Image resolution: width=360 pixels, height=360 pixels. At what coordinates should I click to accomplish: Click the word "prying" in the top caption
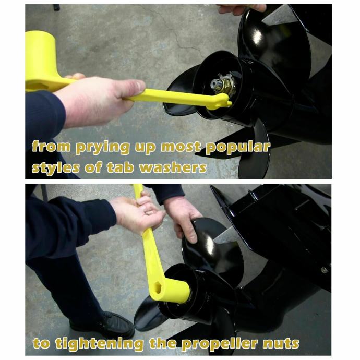[102, 148]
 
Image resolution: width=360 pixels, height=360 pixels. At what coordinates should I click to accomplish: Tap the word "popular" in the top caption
[238, 148]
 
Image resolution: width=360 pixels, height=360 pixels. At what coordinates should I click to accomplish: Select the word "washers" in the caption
[173, 167]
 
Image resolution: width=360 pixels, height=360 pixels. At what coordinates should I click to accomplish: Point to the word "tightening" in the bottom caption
[100, 344]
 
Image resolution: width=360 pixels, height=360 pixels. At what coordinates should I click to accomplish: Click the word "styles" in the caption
[55, 168]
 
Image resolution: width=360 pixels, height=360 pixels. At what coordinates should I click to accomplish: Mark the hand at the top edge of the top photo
[241, 9]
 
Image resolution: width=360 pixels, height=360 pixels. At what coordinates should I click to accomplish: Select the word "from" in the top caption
[51, 147]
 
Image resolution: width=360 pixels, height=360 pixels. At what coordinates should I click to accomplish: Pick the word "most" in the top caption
[181, 147]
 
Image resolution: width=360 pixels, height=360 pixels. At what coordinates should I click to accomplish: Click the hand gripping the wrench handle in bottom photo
[137, 213]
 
